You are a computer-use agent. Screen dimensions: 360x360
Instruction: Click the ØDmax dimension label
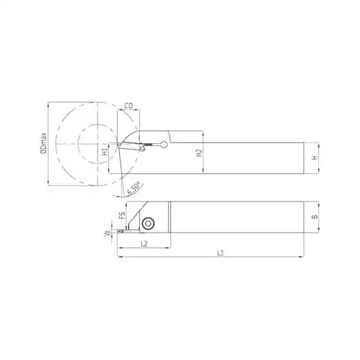pyautogui.click(x=44, y=143)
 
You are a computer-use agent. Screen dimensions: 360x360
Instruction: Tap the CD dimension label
pyautogui.click(x=129, y=106)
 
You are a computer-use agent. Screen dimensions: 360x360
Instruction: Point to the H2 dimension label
pyautogui.click(x=199, y=153)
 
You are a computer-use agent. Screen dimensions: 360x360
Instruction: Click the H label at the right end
pyautogui.click(x=314, y=158)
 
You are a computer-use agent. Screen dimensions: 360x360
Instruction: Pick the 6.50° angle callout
pyautogui.click(x=134, y=188)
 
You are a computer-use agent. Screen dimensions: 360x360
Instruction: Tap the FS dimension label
pyautogui.click(x=122, y=215)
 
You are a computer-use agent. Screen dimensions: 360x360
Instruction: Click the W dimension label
pyautogui.click(x=107, y=234)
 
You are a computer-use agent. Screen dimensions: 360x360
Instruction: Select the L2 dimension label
pyautogui.click(x=144, y=244)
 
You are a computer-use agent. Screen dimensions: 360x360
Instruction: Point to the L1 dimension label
pyautogui.click(x=220, y=253)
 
